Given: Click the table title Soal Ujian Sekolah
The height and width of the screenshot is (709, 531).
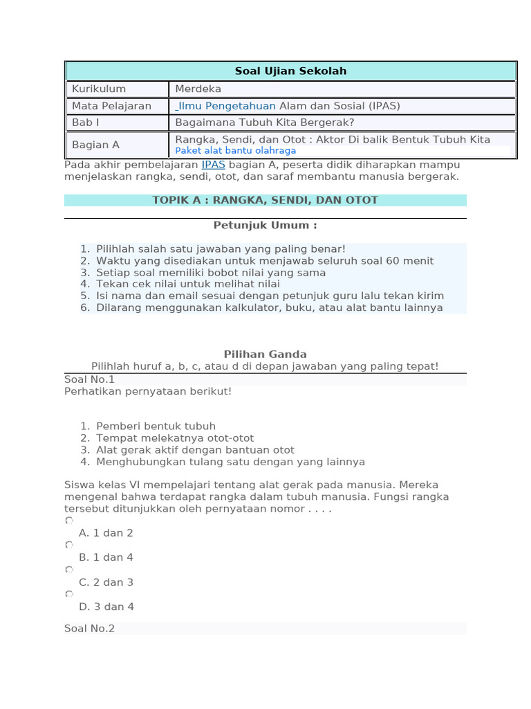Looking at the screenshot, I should tap(290, 71).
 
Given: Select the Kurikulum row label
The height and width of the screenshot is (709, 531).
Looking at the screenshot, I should tap(99, 89).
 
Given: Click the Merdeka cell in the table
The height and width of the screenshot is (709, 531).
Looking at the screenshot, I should tap(198, 89).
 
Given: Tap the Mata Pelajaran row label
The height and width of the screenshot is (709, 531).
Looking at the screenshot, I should tap(111, 107).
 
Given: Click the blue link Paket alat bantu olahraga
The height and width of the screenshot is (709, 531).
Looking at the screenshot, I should tap(235, 151).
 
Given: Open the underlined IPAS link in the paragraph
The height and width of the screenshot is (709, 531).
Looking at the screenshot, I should tap(213, 165).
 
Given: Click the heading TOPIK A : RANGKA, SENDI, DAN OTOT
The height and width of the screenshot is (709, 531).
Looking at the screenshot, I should tap(265, 200).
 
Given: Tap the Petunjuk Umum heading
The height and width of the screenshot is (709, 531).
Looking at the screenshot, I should tap(265, 226).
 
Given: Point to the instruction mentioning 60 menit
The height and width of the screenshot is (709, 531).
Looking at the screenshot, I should tap(265, 261).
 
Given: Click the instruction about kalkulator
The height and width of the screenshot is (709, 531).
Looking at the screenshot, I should tap(270, 308).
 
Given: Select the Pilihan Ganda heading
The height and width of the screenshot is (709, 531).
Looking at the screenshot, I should tap(265, 354).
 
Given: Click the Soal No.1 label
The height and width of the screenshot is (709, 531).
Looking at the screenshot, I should tap(89, 379).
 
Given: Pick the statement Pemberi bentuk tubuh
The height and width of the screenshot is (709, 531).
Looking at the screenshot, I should tap(156, 427).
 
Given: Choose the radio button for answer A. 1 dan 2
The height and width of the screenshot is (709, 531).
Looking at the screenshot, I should tap(68, 520).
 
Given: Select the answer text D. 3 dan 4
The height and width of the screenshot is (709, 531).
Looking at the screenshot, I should tap(106, 607).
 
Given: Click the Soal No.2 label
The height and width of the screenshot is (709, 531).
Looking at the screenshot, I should tap(89, 629).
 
